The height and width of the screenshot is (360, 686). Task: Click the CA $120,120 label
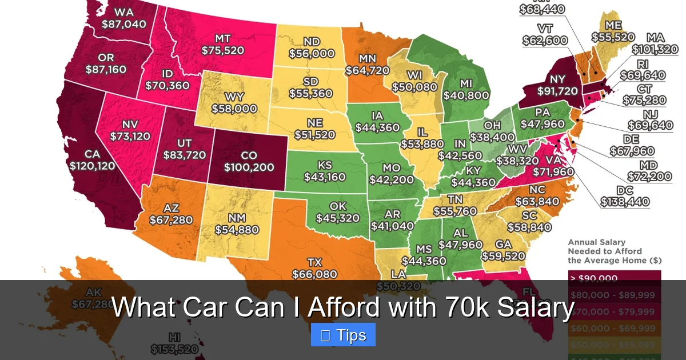pos(93,160)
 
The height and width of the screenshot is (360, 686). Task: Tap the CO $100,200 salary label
pos(249,162)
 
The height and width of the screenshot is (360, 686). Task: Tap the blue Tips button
pos(343,335)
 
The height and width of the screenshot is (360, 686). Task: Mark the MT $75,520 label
pos(223,45)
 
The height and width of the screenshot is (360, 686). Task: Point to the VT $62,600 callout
pos(544,34)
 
